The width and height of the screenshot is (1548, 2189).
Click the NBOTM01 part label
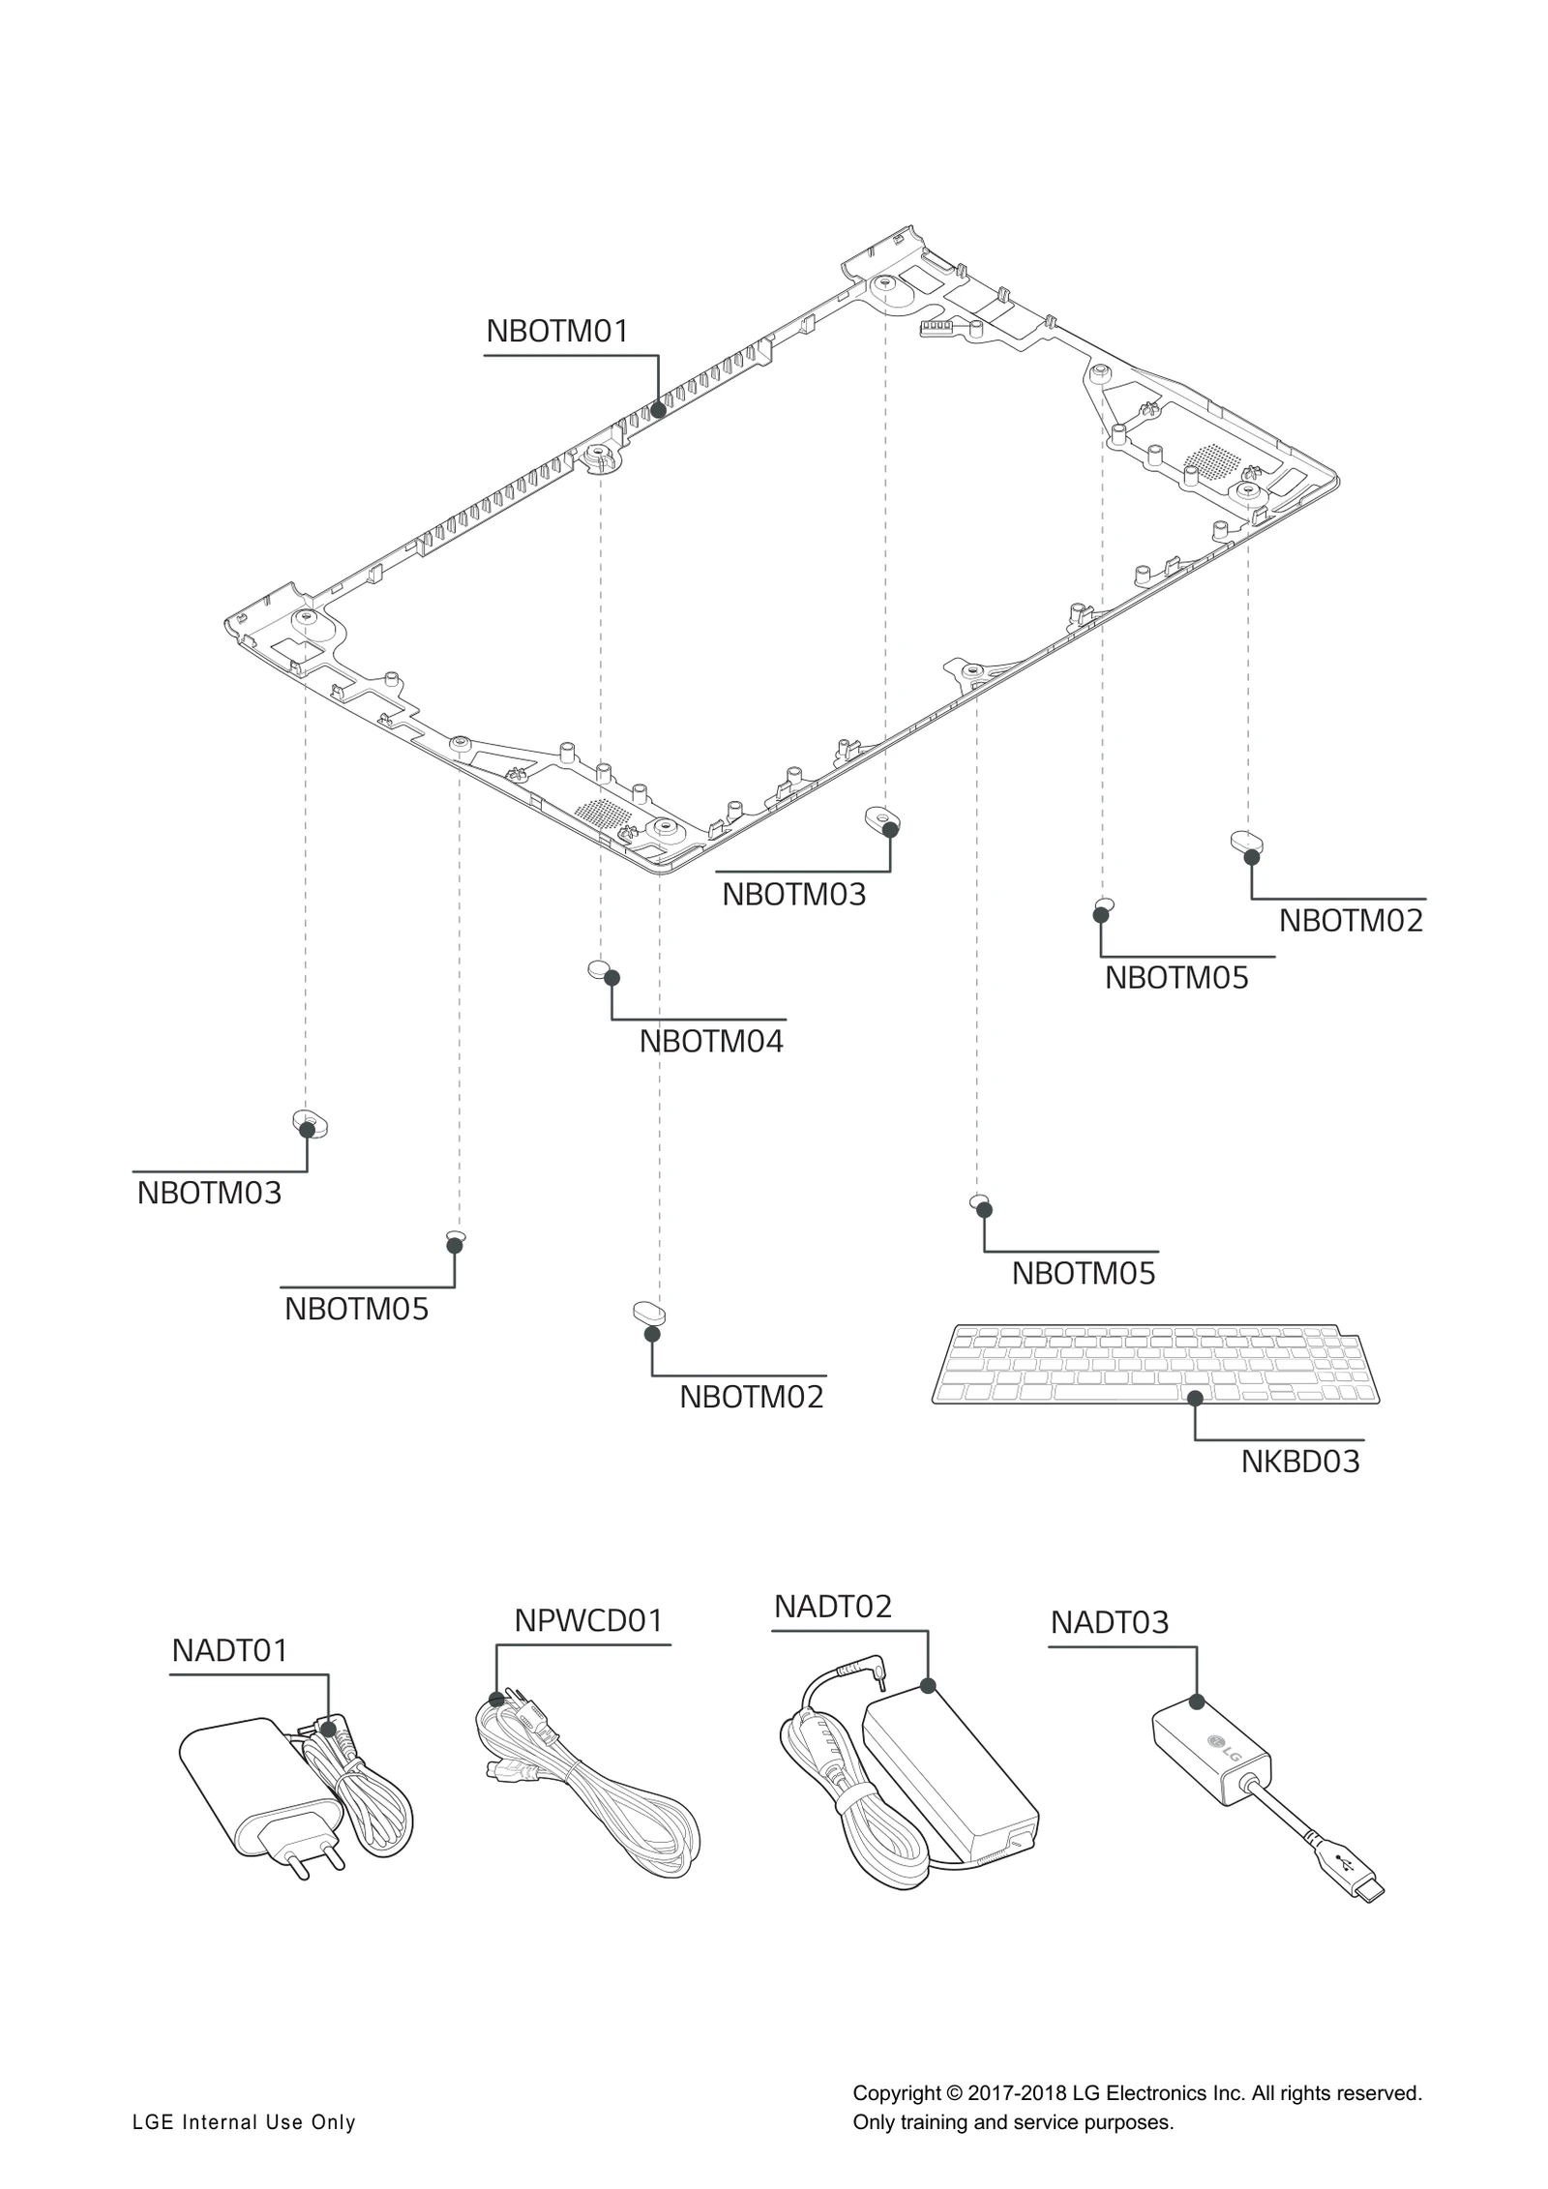pos(556,331)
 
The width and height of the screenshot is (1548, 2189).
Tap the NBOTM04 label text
pos(711,1042)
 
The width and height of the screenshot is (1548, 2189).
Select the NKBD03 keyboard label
pos(1299,1461)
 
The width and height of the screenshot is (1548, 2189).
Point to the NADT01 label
pos(229,1651)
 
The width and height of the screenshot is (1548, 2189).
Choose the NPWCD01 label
pos(587,1621)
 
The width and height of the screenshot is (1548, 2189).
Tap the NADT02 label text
pos(832,1607)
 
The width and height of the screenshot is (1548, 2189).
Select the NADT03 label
pos(1109,1622)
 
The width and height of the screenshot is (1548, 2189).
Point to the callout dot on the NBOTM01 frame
pos(658,409)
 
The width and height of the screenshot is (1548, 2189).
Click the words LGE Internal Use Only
pos(244,2122)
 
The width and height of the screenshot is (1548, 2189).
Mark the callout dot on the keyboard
pos(1195,1398)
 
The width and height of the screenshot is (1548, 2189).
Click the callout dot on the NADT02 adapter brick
pos(928,1686)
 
